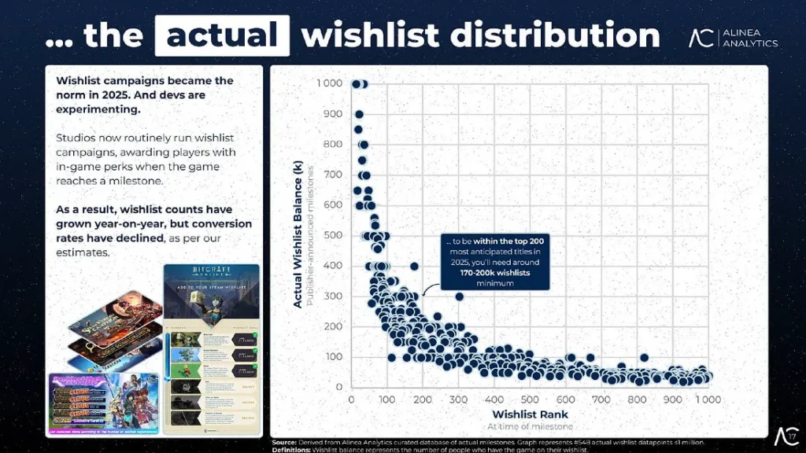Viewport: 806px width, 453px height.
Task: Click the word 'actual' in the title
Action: click(x=222, y=35)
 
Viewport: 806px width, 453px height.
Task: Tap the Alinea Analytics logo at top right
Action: click(x=733, y=37)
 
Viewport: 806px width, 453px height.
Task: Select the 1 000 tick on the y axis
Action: click(x=329, y=83)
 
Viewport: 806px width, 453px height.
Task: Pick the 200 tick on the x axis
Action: click(x=423, y=400)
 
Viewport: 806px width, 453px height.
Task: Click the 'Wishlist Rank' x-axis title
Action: click(x=530, y=414)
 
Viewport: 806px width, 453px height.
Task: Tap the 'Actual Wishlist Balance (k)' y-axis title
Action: click(x=298, y=235)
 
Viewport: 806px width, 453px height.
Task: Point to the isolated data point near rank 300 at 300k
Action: click(x=459, y=296)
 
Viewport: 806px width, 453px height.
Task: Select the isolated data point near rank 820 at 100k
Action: click(x=645, y=357)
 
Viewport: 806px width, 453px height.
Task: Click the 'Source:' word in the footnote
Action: click(x=285, y=444)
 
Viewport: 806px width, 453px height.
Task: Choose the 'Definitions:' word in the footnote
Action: click(x=293, y=451)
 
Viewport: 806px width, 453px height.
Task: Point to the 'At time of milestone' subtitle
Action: click(x=530, y=425)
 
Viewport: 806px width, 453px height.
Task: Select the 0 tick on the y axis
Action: click(x=339, y=387)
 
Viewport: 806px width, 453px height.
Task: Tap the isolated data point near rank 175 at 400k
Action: click(x=414, y=267)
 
